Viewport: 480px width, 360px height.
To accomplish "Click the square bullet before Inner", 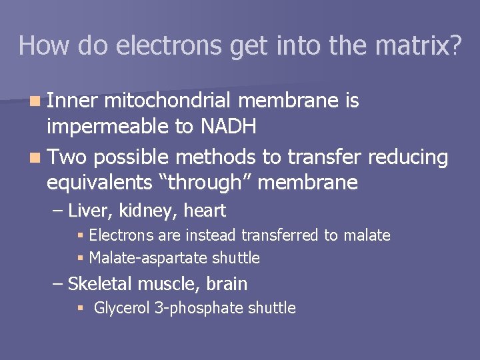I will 33,102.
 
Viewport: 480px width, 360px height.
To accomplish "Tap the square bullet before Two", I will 33,158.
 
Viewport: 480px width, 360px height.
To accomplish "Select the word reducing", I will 408,157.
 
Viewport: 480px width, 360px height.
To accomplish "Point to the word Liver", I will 90,211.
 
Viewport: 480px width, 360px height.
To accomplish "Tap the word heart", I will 205,211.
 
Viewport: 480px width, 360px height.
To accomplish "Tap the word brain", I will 227,284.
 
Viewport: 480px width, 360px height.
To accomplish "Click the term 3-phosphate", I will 197,308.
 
